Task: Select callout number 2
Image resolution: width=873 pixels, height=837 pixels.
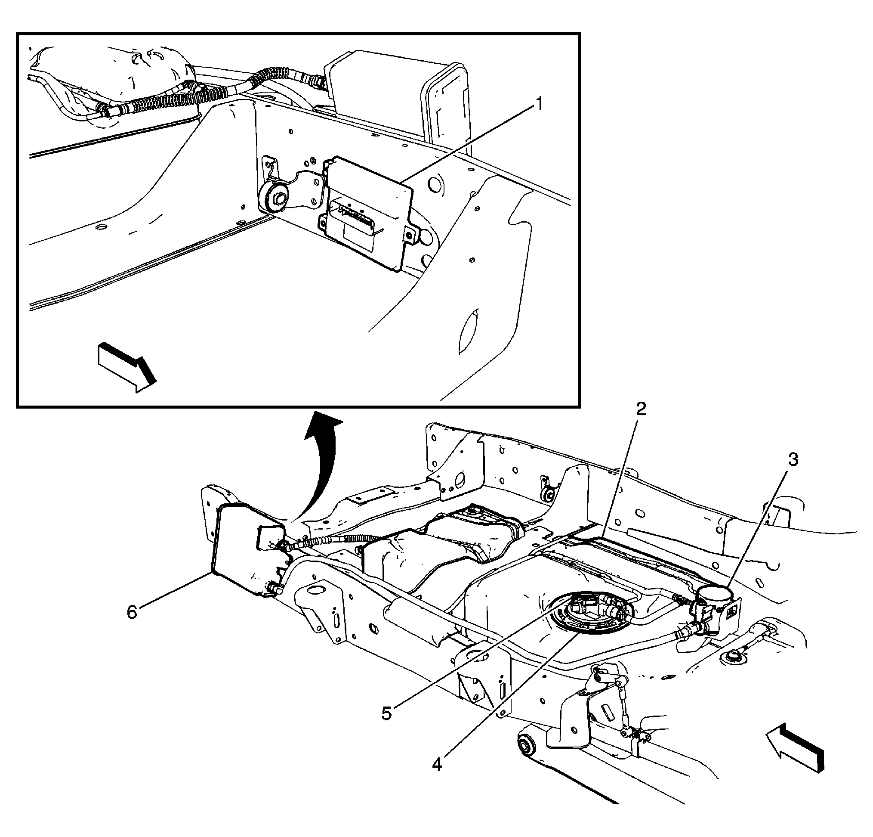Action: (x=641, y=408)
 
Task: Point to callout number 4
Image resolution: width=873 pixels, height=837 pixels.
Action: (x=437, y=764)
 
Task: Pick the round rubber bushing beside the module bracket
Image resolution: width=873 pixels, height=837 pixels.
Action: (x=276, y=198)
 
